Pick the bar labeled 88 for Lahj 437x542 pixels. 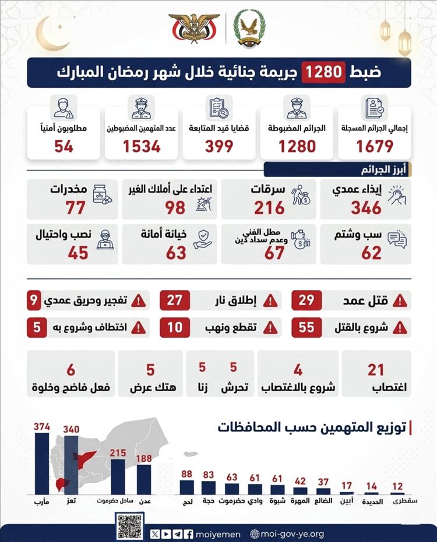tap(186, 487)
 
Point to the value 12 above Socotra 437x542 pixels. tap(397, 486)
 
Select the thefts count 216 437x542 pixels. tap(269, 207)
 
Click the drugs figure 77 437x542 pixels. tap(75, 207)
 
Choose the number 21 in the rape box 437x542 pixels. tap(376, 370)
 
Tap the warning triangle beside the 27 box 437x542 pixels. tap(270, 301)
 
